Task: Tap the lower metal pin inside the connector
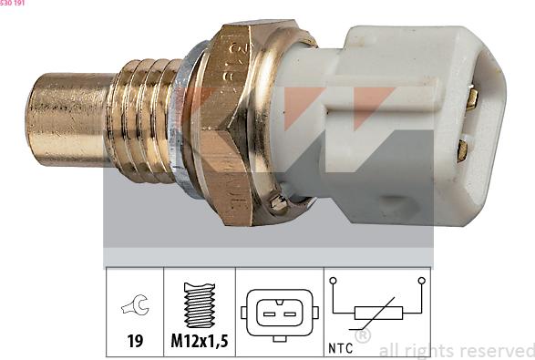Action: coord(462,149)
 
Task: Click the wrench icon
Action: coord(135,307)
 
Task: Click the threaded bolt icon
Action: coord(199,305)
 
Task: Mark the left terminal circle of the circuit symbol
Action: coord(334,282)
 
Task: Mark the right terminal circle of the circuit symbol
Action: coord(421,282)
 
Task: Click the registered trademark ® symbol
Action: coord(362,336)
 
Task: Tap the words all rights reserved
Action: coord(456,350)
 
